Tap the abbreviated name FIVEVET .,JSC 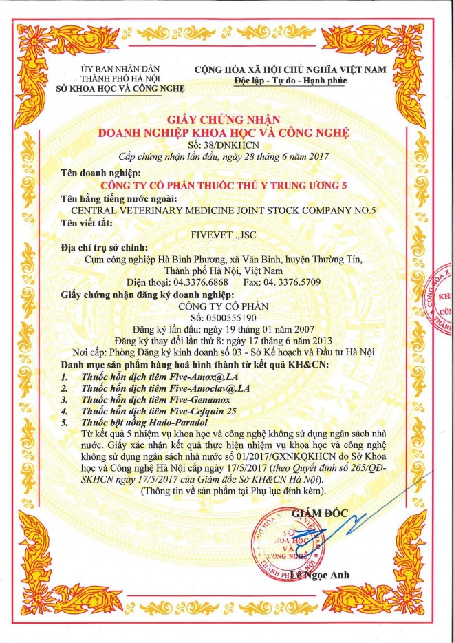pyautogui.click(x=226, y=233)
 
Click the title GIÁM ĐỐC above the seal pyautogui.click(x=321, y=512)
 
